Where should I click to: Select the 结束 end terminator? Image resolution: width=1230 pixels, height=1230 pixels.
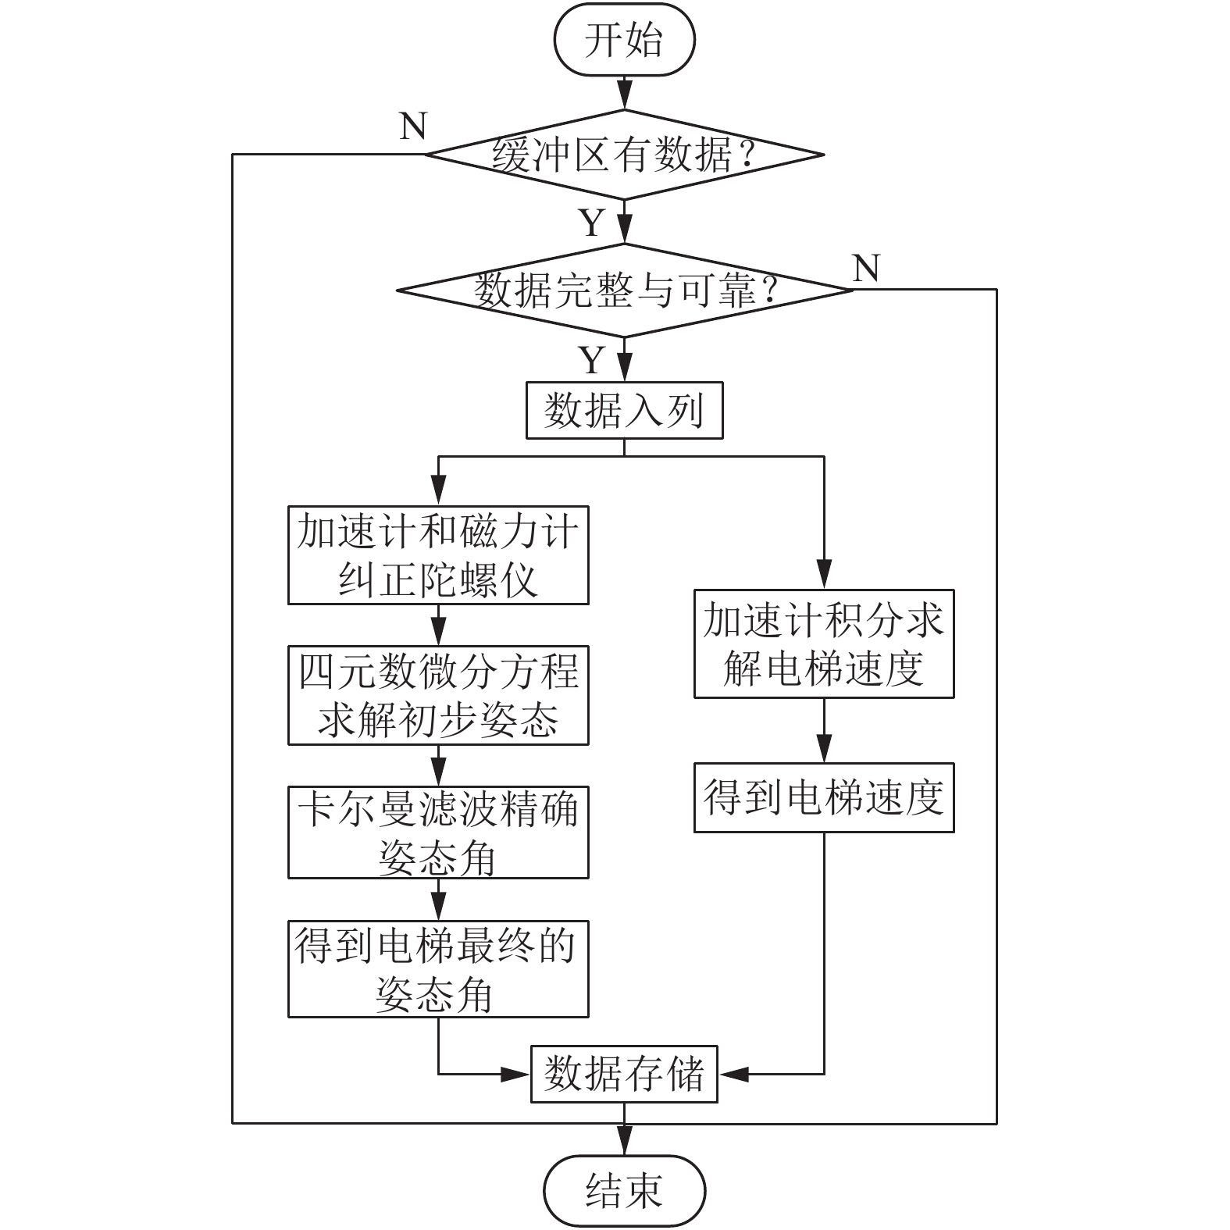click(x=624, y=1191)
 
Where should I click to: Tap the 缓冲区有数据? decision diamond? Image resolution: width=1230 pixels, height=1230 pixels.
click(x=624, y=155)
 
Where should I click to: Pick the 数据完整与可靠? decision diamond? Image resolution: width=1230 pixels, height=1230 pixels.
click(x=624, y=291)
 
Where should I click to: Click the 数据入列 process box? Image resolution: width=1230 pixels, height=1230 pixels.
click(x=624, y=410)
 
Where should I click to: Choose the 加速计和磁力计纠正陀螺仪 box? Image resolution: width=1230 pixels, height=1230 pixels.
click(x=438, y=555)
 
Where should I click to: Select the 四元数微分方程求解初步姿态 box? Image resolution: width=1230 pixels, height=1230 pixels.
click(x=438, y=695)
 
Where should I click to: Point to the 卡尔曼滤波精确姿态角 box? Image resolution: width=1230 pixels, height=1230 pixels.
click(x=438, y=832)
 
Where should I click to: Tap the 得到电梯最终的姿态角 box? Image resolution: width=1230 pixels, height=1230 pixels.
click(x=438, y=968)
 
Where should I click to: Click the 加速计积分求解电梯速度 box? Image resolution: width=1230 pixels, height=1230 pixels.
click(x=824, y=644)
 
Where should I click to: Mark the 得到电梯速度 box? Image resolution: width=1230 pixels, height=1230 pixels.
click(x=824, y=797)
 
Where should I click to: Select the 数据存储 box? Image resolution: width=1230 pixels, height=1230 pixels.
click(x=624, y=1074)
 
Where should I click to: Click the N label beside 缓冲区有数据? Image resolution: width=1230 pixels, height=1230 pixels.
click(x=413, y=126)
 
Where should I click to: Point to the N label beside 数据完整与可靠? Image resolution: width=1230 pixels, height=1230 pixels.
click(x=866, y=268)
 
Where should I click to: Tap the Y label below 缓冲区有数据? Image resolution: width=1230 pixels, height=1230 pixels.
click(x=592, y=223)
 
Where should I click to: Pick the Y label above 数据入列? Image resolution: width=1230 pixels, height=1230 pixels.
click(x=592, y=360)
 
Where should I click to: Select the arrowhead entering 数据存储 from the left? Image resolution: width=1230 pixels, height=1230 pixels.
click(x=516, y=1075)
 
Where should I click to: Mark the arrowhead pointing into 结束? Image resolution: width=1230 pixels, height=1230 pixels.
click(x=625, y=1142)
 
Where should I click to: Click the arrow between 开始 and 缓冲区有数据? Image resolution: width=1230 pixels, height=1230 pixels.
click(x=625, y=92)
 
